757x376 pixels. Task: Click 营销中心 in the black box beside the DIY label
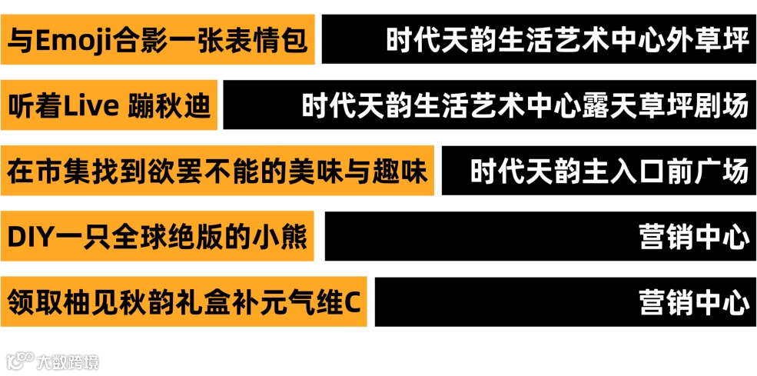693,238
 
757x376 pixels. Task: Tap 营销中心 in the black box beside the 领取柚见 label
693,303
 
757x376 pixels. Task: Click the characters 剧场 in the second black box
722,105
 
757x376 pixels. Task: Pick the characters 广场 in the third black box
722,171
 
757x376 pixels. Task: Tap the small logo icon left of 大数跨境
21,360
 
